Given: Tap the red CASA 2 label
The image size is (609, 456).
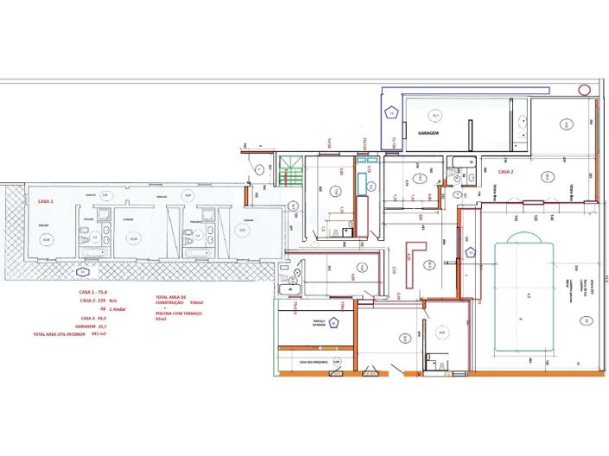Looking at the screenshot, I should click(505, 172).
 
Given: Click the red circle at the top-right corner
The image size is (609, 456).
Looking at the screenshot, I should click(585, 90).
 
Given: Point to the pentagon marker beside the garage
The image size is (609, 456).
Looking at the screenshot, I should click(391, 113).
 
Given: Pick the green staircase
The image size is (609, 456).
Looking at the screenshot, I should click(291, 171).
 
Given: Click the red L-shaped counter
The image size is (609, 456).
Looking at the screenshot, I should click(416, 256).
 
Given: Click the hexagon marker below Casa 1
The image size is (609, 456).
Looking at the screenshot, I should click(83, 272).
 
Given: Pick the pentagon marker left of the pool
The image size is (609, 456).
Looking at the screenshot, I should click(471, 252).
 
